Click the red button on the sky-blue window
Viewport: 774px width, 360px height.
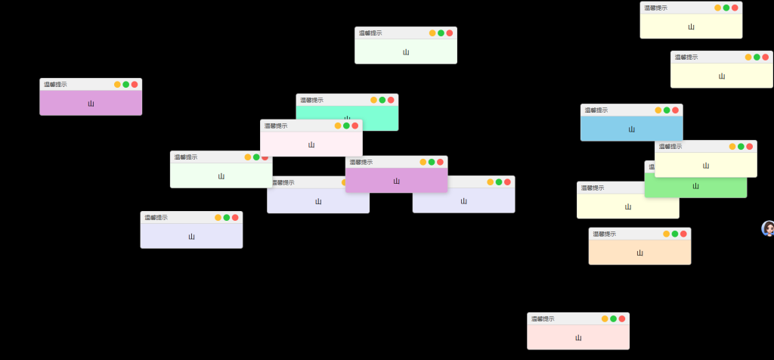[x=675, y=110]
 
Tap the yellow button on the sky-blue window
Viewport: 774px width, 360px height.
[x=658, y=110]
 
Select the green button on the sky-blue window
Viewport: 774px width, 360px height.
[x=667, y=110]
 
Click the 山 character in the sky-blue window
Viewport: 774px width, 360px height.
[x=632, y=129]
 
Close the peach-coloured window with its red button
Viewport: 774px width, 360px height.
[x=683, y=234]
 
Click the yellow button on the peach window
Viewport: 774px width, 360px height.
[x=667, y=234]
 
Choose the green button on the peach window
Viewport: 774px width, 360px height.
[x=675, y=234]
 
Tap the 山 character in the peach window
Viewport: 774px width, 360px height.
[x=640, y=253]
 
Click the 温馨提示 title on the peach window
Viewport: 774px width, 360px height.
[x=605, y=234]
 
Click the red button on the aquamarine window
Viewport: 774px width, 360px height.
[x=391, y=100]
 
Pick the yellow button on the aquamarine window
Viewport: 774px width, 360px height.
[x=374, y=100]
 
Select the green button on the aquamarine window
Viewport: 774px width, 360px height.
[x=382, y=100]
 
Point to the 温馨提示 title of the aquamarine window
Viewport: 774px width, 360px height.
[x=311, y=100]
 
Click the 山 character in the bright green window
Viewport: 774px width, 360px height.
[x=696, y=186]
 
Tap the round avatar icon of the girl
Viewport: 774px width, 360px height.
[x=768, y=228]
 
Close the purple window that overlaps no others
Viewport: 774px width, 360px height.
[x=135, y=84]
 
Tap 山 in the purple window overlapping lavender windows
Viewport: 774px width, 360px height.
[x=396, y=182]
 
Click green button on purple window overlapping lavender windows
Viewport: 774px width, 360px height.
[x=432, y=162]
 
